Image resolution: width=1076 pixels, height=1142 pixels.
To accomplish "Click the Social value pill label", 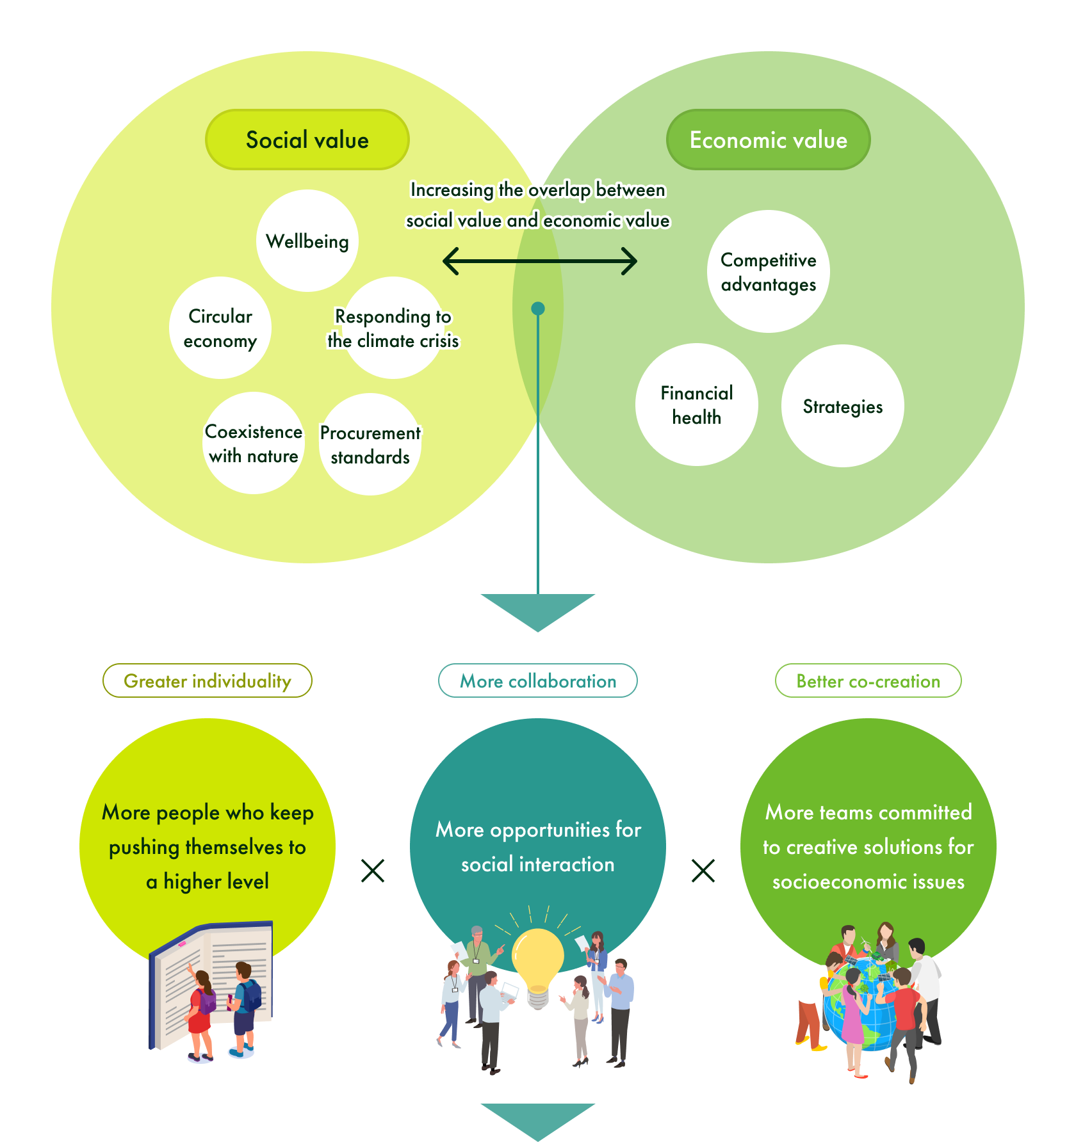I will tap(307, 140).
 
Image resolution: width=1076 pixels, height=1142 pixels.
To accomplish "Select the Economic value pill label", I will tap(768, 140).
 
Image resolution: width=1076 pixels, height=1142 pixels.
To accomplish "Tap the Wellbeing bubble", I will tap(307, 241).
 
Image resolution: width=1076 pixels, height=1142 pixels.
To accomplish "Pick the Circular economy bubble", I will tap(220, 328).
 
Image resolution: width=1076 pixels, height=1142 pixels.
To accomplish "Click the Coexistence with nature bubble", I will tap(254, 443).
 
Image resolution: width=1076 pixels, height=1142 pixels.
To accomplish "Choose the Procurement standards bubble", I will tap(370, 444).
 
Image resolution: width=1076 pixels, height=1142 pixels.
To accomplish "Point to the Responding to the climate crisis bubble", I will tap(393, 328).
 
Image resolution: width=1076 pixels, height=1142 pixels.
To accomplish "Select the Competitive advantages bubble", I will tap(769, 271).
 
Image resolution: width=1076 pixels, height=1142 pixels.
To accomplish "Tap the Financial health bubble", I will tap(697, 405).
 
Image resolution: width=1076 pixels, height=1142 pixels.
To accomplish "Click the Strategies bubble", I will tap(843, 406).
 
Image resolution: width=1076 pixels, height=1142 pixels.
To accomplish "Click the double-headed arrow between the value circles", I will tap(539, 261).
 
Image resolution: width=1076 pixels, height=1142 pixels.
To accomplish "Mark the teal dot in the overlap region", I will tap(538, 309).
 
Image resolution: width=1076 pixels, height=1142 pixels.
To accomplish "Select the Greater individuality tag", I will tap(208, 680).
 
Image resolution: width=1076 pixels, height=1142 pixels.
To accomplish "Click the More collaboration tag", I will tap(538, 680).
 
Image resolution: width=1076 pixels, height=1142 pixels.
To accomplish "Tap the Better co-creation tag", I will tap(868, 680).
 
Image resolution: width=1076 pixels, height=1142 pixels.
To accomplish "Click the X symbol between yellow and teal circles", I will tap(373, 871).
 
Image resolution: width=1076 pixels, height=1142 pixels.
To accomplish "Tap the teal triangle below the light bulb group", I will tap(538, 1120).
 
